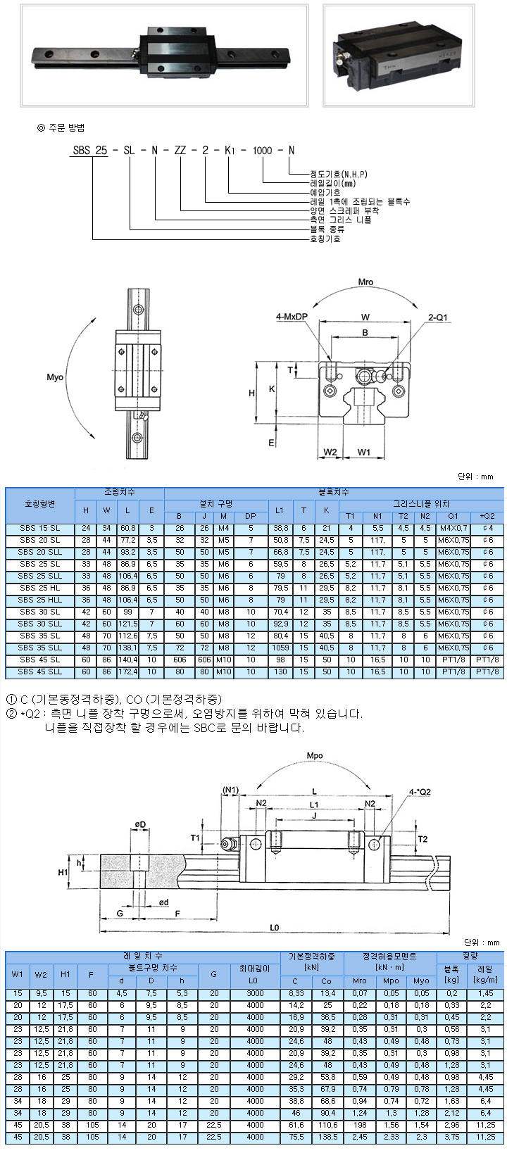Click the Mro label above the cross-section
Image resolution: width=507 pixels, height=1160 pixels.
tap(365, 282)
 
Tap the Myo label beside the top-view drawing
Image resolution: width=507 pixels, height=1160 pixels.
tap(55, 377)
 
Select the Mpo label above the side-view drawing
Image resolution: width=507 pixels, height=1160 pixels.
tap(315, 755)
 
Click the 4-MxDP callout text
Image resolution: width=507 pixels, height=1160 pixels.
tap(291, 317)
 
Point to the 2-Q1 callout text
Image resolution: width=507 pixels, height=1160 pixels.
tap(437, 317)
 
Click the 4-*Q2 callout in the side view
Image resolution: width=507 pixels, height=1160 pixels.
tap(420, 792)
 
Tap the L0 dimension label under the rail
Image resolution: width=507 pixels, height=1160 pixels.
tap(274, 928)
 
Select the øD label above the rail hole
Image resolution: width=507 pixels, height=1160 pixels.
tap(141, 824)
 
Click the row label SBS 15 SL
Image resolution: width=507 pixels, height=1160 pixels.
tap(40, 528)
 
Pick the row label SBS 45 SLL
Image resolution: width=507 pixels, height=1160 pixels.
tap(40, 672)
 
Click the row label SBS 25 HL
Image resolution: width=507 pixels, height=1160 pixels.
tap(40, 588)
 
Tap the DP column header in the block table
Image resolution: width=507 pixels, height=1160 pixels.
tap(251, 516)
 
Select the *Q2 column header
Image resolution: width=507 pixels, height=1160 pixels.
tap(487, 516)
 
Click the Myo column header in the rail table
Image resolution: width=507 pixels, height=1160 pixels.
tap(421, 981)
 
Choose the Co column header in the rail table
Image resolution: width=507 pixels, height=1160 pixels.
tap(327, 981)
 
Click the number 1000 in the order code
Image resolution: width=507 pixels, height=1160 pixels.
tap(262, 150)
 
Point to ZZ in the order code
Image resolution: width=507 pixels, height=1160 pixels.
tap(180, 150)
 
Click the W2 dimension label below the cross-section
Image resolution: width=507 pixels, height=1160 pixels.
tap(330, 451)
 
